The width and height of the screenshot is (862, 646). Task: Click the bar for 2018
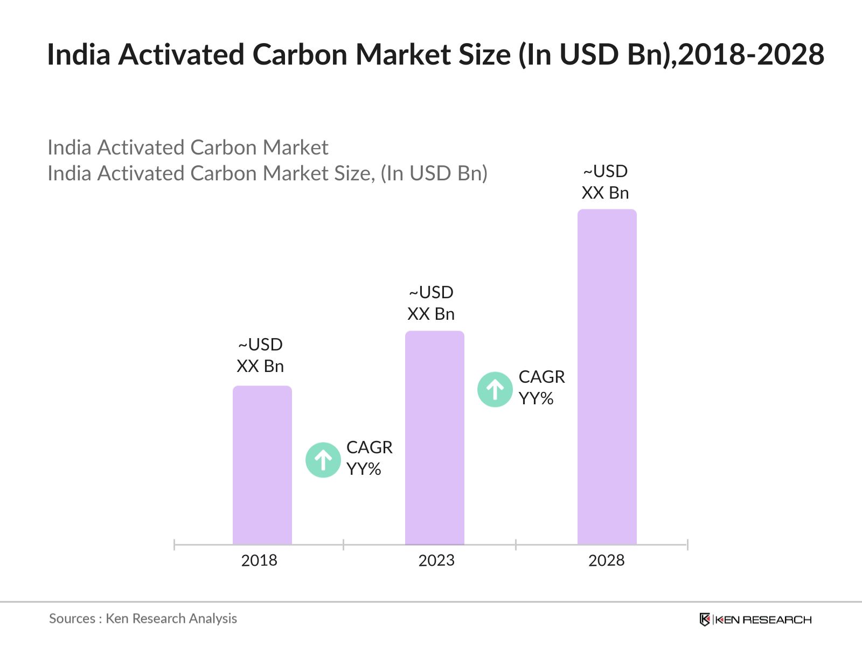point(262,465)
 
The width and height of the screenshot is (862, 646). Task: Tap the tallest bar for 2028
point(607,377)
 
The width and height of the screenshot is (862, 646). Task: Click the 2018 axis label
point(259,560)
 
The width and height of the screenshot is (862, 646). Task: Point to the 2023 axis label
point(436,560)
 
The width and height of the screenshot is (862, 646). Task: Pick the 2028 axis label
point(606,560)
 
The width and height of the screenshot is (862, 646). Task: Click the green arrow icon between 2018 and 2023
point(323,460)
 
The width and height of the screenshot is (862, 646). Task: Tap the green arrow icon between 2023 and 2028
point(495,389)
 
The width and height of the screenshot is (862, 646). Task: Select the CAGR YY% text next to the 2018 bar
point(369,458)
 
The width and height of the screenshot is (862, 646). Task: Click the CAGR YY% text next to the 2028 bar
point(541,388)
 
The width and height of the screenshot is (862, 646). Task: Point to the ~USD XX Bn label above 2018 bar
point(260,355)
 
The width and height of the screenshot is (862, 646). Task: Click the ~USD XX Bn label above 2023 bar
point(431,303)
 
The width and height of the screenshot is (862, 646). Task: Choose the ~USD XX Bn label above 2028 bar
point(605,182)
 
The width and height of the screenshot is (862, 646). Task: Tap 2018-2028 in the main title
point(751,55)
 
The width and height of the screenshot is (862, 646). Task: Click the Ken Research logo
point(755,620)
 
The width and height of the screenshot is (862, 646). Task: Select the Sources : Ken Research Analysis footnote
point(143,619)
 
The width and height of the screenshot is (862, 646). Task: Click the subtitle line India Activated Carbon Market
point(187,148)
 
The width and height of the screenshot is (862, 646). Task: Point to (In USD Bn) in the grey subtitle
point(434,173)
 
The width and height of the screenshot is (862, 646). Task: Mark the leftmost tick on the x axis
point(175,545)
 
